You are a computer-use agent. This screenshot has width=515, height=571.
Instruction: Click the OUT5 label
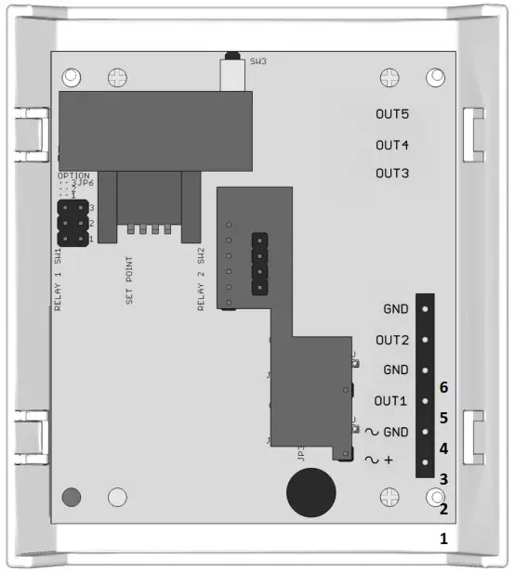pos(392,115)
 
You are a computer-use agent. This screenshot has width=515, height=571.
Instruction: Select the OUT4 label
pos(392,145)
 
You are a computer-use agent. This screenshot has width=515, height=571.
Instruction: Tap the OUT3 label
pos(392,174)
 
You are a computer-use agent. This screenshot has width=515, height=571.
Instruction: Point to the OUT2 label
pos(392,340)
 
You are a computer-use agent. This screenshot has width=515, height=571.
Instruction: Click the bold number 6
pos(444,387)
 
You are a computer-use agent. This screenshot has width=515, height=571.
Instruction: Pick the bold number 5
pos(444,418)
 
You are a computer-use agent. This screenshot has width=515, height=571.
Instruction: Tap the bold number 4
pos(444,449)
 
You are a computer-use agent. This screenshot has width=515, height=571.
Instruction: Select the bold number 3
pos(444,479)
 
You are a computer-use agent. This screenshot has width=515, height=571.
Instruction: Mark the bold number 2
pos(444,509)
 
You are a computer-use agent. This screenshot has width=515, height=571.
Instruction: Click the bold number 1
pos(444,539)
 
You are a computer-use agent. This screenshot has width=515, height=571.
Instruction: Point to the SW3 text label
pos(258,62)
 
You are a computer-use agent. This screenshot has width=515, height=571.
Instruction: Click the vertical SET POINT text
pos(129,281)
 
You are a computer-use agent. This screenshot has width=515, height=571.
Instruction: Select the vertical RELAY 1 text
pos(58,287)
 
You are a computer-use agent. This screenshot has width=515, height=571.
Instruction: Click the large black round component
pos(310,492)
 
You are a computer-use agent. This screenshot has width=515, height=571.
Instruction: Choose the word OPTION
pos(73,175)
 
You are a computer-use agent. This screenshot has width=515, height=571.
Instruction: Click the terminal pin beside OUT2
pos(424,340)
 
